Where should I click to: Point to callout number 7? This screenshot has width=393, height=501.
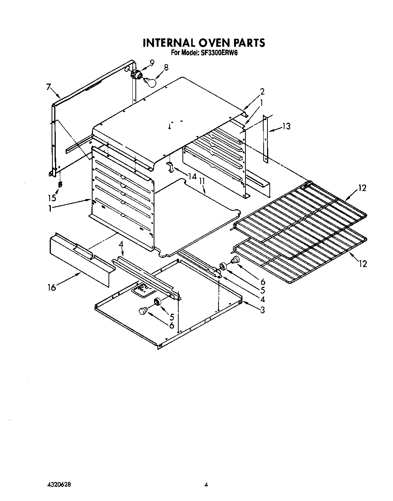[x=49, y=87]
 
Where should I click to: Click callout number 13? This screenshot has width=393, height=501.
[x=286, y=126]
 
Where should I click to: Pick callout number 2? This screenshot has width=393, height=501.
[x=262, y=92]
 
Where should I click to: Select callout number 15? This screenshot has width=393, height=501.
[x=52, y=198]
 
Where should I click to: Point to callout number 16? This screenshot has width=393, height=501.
[x=52, y=287]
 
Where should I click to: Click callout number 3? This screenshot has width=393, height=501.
[x=262, y=310]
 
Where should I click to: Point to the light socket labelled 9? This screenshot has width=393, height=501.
[x=135, y=74]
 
